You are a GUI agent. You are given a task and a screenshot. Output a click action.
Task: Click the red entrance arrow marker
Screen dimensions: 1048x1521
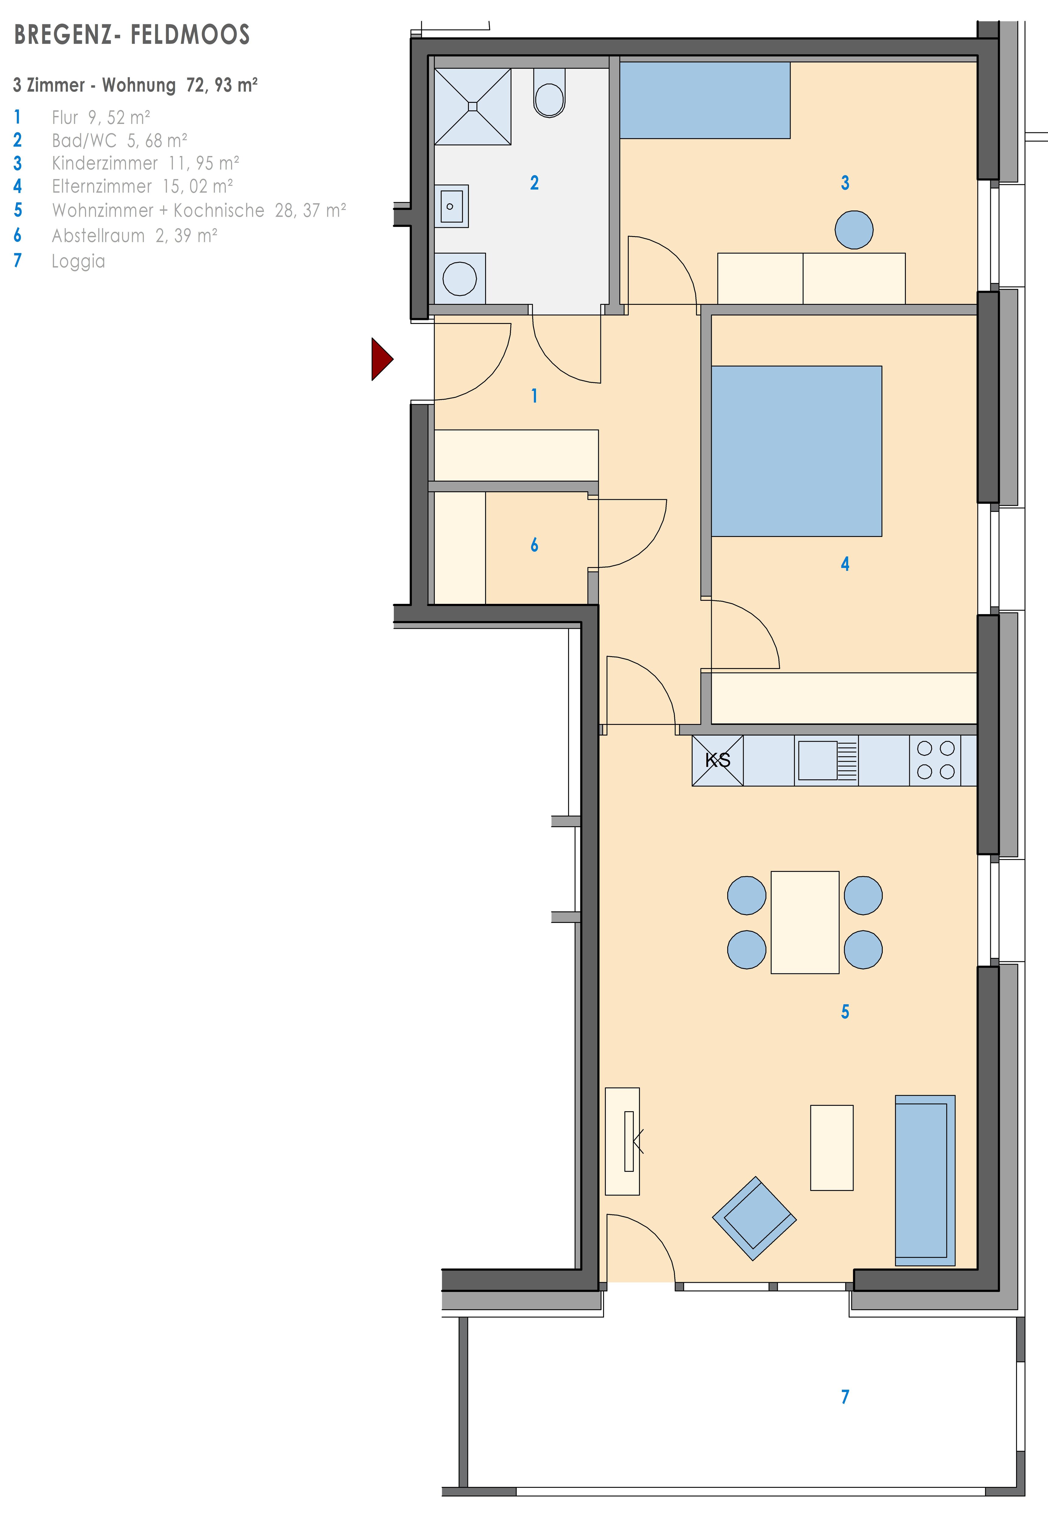click(x=382, y=359)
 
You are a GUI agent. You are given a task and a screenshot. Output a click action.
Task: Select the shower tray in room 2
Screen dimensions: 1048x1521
click(x=473, y=106)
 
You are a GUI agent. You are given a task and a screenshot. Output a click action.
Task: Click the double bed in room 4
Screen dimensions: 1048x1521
click(x=797, y=451)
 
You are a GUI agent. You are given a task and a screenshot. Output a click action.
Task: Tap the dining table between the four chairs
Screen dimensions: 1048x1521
click(x=805, y=922)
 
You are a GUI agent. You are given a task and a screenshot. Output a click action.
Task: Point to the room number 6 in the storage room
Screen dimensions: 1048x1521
click(x=535, y=545)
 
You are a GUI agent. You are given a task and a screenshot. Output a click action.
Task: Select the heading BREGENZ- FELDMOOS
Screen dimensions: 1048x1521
click(x=132, y=35)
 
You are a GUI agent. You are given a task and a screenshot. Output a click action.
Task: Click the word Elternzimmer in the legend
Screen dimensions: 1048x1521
click(x=102, y=186)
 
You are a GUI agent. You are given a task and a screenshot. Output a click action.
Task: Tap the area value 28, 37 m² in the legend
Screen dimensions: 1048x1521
click(x=311, y=210)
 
